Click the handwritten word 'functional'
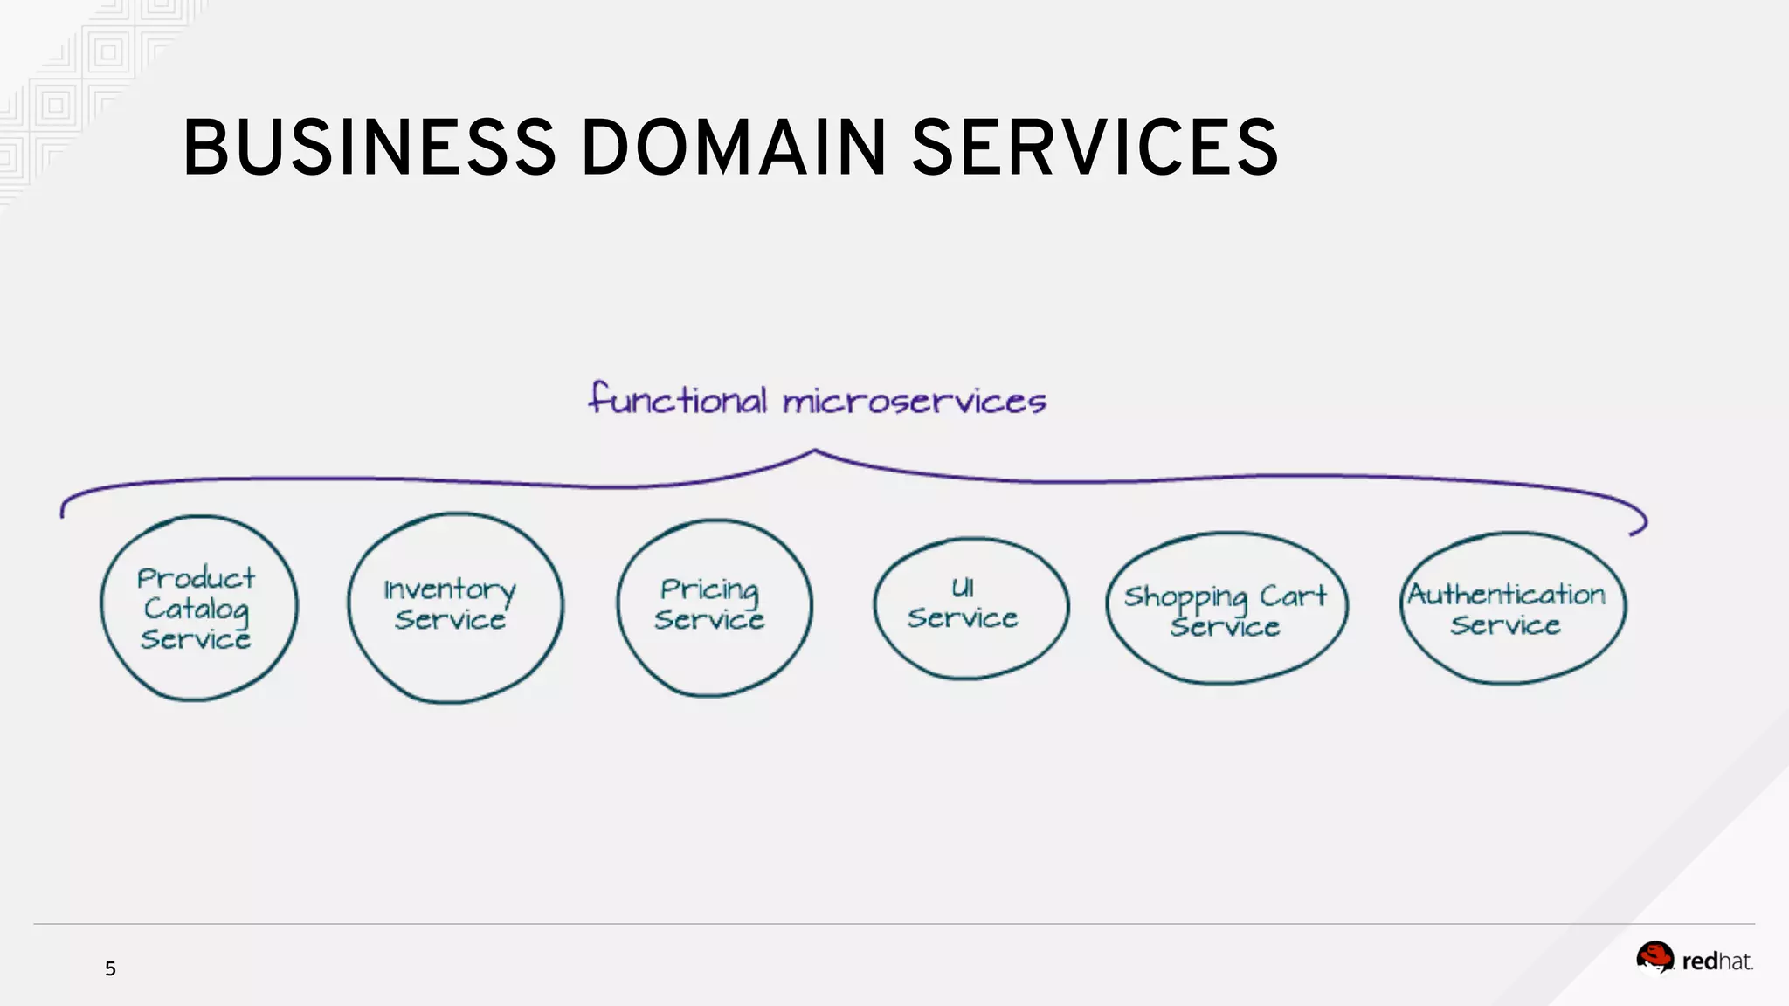tap(678, 400)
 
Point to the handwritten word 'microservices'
tap(914, 402)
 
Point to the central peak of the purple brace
tap(815, 452)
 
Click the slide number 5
tap(110, 968)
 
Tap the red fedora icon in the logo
tap(1654, 957)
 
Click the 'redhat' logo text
tap(1716, 961)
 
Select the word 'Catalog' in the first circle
tap(197, 609)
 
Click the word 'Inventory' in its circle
tap(450, 590)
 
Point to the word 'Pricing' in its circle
tap(709, 590)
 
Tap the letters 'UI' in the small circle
tap(963, 588)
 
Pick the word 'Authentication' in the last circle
tap(1507, 595)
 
